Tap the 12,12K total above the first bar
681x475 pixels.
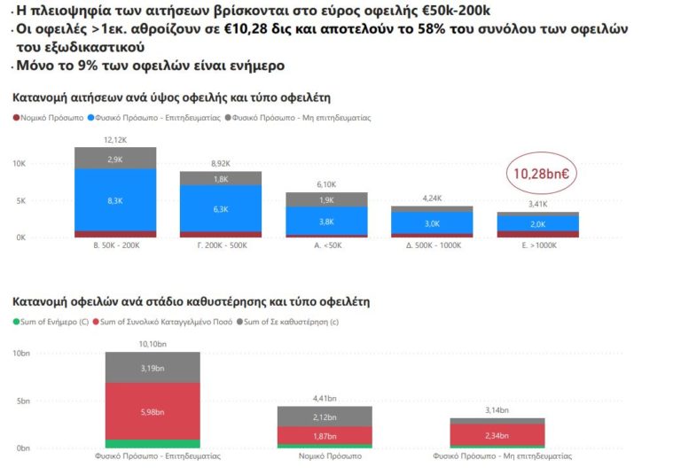tap(115, 140)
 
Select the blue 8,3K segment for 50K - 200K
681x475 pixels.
tap(115, 200)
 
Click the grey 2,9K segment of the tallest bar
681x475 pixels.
tap(115, 159)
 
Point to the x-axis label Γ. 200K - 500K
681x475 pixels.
tap(221, 245)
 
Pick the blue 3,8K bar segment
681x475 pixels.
tap(326, 221)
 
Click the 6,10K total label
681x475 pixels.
tap(326, 184)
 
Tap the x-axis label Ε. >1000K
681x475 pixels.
tap(537, 245)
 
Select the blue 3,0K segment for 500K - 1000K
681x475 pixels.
tap(432, 223)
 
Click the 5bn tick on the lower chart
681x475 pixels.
tap(24, 401)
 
